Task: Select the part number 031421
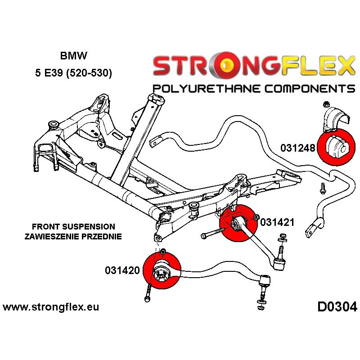pos(277,222)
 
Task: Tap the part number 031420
pos(123,270)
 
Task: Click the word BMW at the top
pos(75,57)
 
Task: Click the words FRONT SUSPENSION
pos(73,226)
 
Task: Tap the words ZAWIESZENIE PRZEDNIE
pos(73,237)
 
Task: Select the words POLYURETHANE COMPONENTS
pos(253,88)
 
